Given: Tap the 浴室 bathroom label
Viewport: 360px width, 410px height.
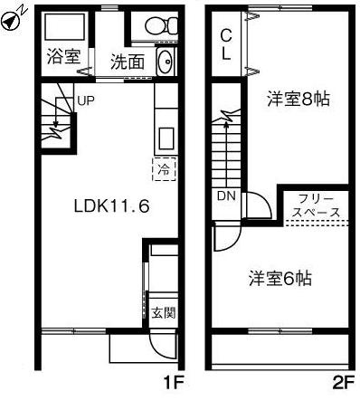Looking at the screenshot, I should (63, 56).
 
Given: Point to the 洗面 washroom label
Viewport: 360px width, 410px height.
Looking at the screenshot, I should (127, 62).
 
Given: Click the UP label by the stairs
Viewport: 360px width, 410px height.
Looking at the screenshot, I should (85, 100).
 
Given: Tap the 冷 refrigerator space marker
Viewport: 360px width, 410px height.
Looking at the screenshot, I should (165, 168).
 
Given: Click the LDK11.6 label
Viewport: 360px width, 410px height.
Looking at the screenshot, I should (111, 205).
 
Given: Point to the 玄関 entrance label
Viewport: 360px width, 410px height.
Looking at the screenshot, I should (164, 313).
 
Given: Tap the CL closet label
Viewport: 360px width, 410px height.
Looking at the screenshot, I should (226, 43).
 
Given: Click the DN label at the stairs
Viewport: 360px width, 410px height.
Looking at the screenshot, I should (226, 195).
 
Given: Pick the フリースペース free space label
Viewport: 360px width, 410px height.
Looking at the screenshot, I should (315, 205).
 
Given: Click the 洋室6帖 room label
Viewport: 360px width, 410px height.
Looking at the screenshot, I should (281, 279).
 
